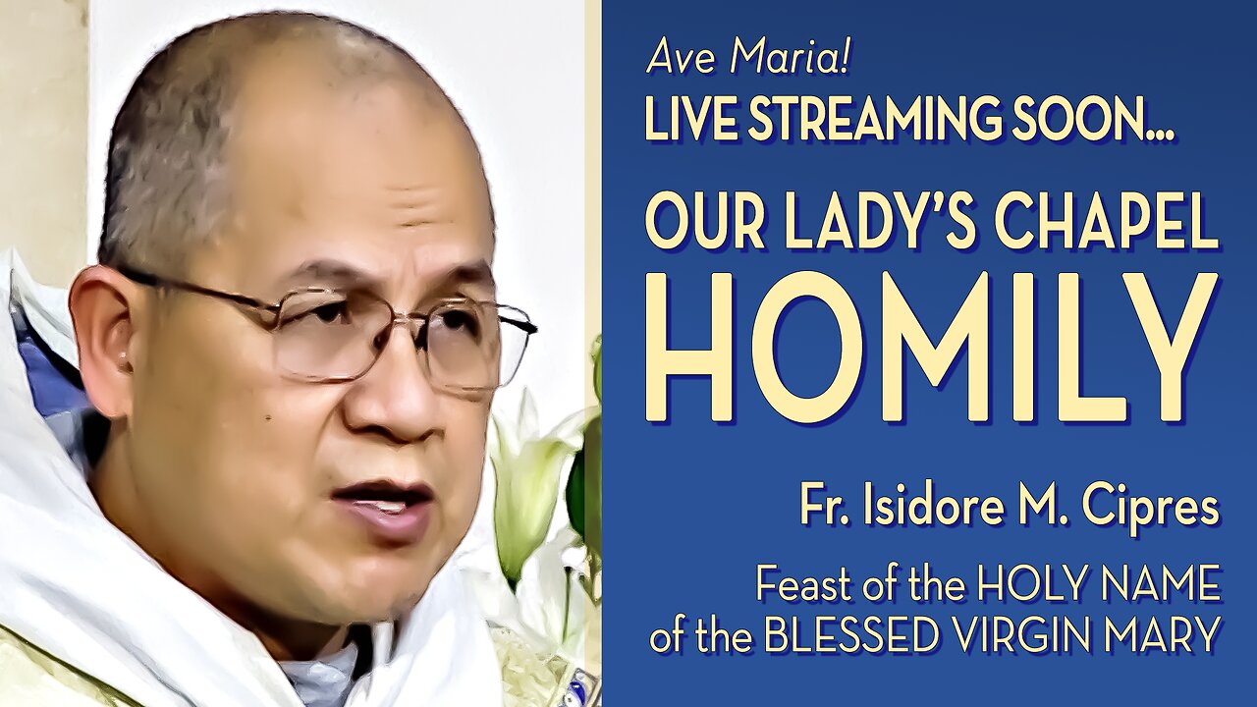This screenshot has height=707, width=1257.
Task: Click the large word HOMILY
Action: coord(933,347)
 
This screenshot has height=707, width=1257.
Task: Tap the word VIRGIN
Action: coord(1035,635)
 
